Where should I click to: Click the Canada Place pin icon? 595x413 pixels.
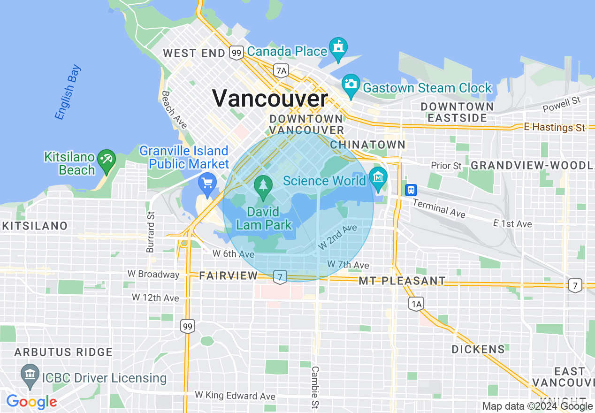(338, 48)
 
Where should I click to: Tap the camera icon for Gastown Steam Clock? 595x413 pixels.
(351, 84)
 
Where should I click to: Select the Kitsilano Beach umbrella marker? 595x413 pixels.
(106, 160)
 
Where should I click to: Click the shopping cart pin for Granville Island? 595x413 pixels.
(207, 183)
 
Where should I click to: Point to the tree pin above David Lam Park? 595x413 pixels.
(264, 186)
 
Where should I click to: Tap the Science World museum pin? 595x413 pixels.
(377, 178)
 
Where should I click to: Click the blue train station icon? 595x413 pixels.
(411, 190)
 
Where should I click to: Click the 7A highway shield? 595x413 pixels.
(281, 71)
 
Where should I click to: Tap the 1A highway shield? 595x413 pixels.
(416, 305)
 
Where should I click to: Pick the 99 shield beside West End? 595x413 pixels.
(236, 53)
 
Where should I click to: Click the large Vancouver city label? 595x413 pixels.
(270, 99)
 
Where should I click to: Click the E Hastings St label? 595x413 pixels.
(555, 127)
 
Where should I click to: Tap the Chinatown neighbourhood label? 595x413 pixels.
(367, 145)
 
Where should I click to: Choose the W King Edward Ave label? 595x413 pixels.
(235, 396)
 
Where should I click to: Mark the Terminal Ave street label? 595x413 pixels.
(439, 208)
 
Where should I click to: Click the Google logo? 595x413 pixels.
(31, 402)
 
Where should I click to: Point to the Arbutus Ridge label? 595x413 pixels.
(63, 352)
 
